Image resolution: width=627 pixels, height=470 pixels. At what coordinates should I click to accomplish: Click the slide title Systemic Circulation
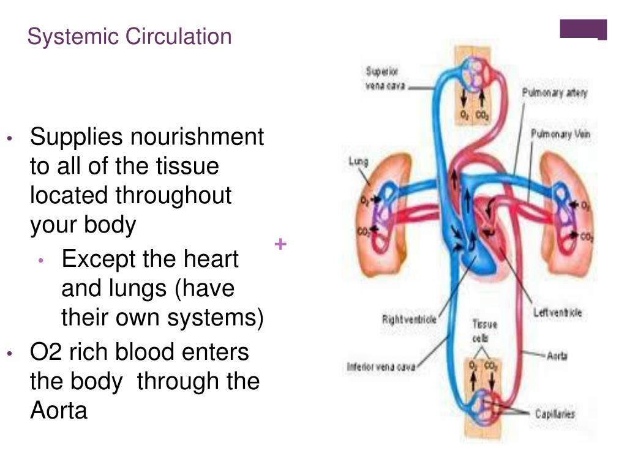click(x=129, y=37)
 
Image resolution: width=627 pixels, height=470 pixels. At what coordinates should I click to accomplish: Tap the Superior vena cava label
click(x=382, y=77)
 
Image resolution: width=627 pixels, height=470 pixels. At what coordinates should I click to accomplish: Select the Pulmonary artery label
click(x=554, y=93)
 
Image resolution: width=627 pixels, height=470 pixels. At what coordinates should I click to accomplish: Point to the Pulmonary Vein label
click(x=559, y=134)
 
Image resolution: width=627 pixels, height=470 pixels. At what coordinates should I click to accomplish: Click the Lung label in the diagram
click(x=358, y=162)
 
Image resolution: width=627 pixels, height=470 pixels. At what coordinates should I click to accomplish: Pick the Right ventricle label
click(x=409, y=319)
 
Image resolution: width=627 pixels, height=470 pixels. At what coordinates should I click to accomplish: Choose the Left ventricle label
click(x=557, y=313)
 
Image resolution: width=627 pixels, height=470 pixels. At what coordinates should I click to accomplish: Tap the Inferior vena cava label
click(x=381, y=367)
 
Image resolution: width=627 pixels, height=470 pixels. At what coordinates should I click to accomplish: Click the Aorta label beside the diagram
click(x=557, y=355)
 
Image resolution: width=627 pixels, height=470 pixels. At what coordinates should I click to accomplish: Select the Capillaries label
click(x=555, y=414)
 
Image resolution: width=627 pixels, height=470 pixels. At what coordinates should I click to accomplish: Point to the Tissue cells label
click(x=484, y=331)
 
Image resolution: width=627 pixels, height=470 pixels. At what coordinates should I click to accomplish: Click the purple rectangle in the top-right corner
click(x=583, y=29)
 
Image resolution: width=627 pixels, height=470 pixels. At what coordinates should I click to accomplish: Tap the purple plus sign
click(x=280, y=244)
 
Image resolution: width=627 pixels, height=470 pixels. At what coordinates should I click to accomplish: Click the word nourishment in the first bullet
click(x=197, y=136)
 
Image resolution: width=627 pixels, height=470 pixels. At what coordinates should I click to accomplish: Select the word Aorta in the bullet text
click(x=59, y=411)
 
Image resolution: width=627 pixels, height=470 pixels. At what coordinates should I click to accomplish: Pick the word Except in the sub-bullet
click(x=98, y=259)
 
